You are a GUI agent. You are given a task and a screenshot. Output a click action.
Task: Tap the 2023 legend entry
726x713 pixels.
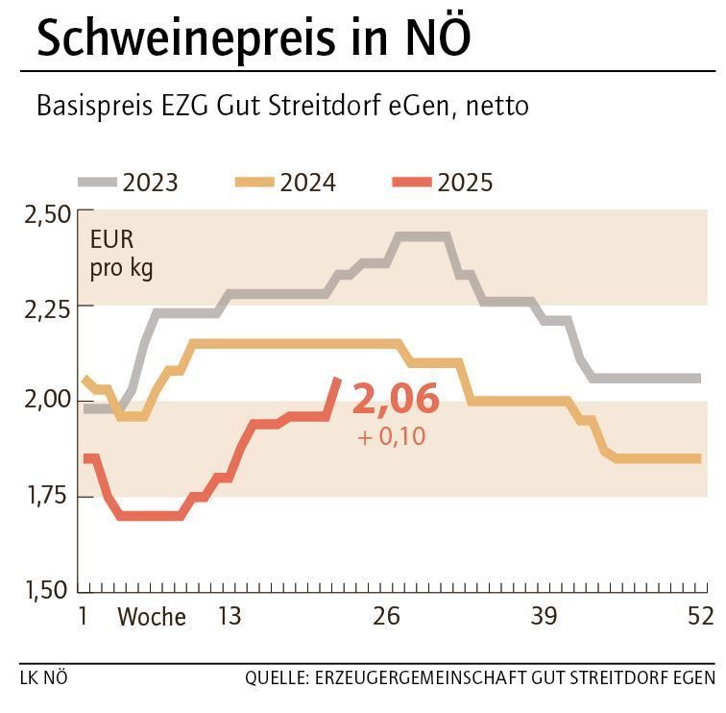(x=150, y=182)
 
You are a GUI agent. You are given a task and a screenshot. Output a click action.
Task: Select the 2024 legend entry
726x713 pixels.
(x=307, y=182)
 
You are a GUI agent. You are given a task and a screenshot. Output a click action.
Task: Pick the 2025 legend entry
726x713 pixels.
(x=465, y=182)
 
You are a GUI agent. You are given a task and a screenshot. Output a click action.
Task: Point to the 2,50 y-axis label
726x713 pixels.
(x=46, y=213)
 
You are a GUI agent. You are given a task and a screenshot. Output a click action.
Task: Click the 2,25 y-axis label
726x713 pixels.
(x=46, y=307)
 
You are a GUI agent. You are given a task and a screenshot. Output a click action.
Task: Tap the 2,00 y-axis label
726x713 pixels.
(x=46, y=401)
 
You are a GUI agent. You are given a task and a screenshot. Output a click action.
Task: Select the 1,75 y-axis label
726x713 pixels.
(x=46, y=495)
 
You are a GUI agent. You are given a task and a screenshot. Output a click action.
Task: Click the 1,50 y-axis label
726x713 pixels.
(x=46, y=589)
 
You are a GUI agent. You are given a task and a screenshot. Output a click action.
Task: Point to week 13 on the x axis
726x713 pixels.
(x=230, y=616)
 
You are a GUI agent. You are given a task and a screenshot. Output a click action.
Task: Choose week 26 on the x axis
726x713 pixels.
(x=386, y=616)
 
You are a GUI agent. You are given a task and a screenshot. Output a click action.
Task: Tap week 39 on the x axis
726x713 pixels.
(x=544, y=616)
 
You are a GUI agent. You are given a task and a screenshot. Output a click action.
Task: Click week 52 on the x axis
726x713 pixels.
(x=700, y=616)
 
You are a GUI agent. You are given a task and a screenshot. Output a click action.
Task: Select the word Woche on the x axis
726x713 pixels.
(x=152, y=617)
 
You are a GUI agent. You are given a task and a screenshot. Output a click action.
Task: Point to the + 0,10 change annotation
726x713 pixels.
(x=391, y=436)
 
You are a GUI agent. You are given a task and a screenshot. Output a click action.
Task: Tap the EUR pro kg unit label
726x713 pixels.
(x=121, y=254)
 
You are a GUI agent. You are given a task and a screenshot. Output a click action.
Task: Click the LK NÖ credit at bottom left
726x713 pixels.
(x=44, y=677)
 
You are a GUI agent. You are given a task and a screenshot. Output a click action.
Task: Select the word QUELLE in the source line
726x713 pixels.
(x=274, y=677)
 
